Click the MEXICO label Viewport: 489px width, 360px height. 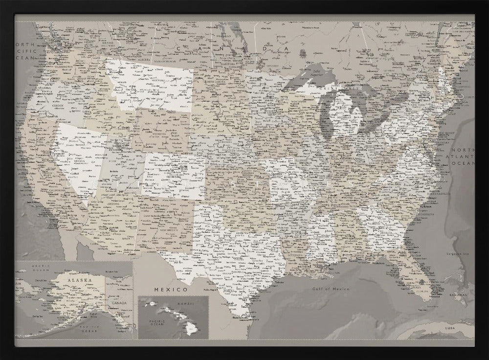point(171,290)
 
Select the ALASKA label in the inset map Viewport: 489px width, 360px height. point(79,280)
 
